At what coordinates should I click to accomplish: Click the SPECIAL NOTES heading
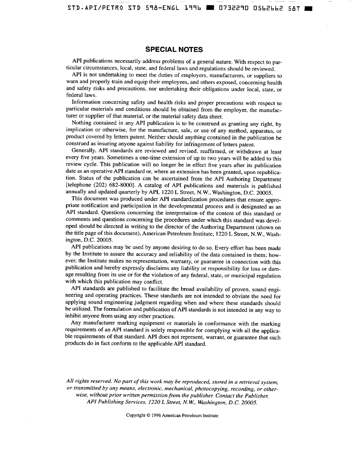pos(174,50)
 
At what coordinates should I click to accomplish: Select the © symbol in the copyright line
pos(148,415)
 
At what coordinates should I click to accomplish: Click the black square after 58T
pos(309,8)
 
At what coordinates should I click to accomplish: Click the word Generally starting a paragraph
pos(83,151)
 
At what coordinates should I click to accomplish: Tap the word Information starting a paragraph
pos(88,103)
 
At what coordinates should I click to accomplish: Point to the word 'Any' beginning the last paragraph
pos(76,323)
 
